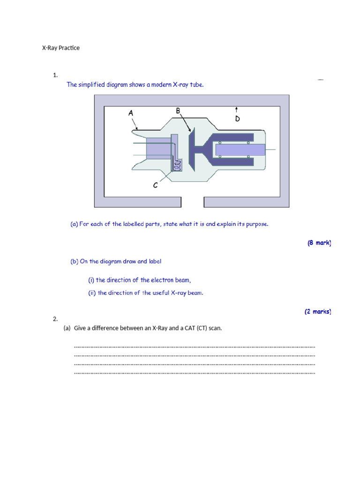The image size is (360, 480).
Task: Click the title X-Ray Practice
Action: [x=61, y=48]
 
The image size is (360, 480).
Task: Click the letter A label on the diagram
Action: [x=131, y=113]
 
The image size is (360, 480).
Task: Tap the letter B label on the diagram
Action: [x=178, y=111]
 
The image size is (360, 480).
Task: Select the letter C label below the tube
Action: [x=156, y=185]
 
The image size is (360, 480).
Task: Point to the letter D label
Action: [x=237, y=119]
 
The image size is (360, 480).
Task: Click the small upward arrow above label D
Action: [x=237, y=110]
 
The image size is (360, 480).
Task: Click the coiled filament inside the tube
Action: [x=177, y=165]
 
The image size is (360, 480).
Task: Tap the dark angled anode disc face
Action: [x=192, y=149]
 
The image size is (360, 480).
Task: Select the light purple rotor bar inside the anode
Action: [x=240, y=150]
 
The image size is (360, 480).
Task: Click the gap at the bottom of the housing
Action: [x=192, y=202]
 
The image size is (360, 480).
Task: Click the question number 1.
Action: [x=55, y=75]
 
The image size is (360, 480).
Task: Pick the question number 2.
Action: [x=55, y=319]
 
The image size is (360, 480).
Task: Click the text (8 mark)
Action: [x=319, y=243]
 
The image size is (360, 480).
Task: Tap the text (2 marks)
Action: [x=318, y=311]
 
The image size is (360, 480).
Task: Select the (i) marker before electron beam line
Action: [x=91, y=280]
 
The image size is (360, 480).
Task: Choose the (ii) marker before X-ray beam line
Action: [x=92, y=293]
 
